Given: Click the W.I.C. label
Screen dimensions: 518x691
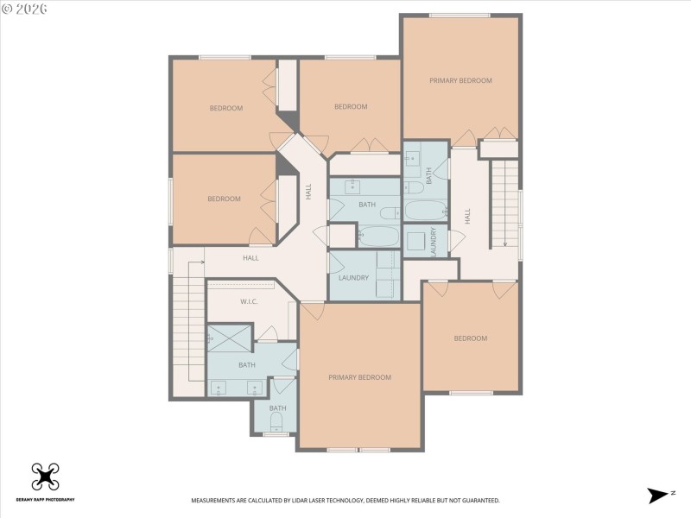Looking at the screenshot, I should pyautogui.click(x=250, y=301).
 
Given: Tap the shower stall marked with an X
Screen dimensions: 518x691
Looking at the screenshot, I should pyautogui.click(x=231, y=338).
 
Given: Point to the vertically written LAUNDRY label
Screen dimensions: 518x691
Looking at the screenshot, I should pyautogui.click(x=434, y=241).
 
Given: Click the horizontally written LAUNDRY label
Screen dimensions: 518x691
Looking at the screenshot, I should pyautogui.click(x=354, y=278).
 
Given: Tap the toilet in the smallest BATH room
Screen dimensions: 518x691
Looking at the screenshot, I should pyautogui.click(x=277, y=421).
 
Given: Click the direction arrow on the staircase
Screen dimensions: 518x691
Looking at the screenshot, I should pyautogui.click(x=504, y=241).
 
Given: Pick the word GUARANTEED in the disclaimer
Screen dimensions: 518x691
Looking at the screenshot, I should pyautogui.click(x=479, y=501).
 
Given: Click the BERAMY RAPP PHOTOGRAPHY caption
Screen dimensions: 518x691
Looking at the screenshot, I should pyautogui.click(x=45, y=500).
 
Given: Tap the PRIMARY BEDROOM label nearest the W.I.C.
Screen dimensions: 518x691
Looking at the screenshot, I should pyautogui.click(x=359, y=377).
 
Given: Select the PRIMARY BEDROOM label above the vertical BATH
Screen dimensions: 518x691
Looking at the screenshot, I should pyautogui.click(x=460, y=80).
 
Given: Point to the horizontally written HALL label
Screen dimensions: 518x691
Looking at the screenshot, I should pyautogui.click(x=250, y=258).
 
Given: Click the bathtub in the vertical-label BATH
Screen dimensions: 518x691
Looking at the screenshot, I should pyautogui.click(x=425, y=210).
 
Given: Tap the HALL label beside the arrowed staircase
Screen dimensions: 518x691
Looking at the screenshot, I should pyautogui.click(x=467, y=216).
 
